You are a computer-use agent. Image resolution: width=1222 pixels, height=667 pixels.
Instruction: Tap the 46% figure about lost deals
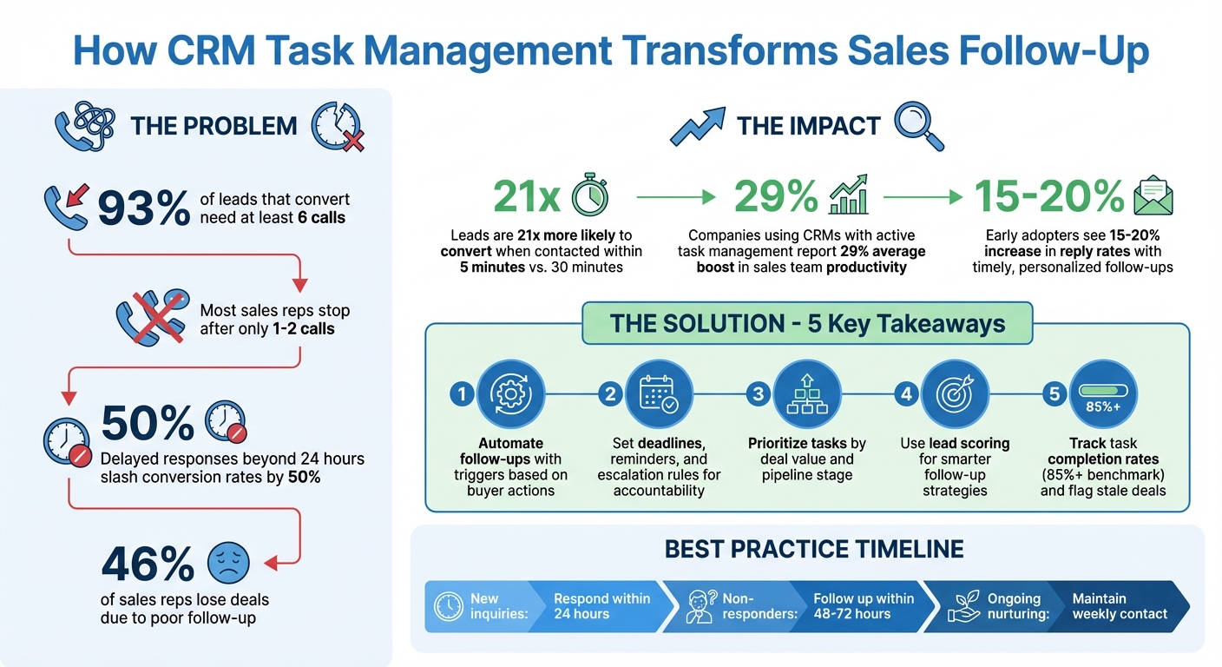click(148, 565)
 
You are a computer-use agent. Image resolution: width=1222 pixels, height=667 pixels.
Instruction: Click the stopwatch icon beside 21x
click(590, 196)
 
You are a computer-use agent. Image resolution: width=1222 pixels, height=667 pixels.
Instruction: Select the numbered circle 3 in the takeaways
click(759, 394)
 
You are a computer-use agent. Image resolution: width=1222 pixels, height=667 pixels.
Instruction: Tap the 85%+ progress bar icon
click(1103, 393)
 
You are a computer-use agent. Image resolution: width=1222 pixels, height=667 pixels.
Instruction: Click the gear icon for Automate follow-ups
click(510, 393)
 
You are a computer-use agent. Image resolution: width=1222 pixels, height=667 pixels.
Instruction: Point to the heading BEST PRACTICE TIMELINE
click(814, 549)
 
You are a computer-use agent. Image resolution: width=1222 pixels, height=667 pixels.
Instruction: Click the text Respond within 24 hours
click(601, 606)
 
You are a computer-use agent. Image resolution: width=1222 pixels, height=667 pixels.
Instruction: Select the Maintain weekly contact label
click(1120, 606)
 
